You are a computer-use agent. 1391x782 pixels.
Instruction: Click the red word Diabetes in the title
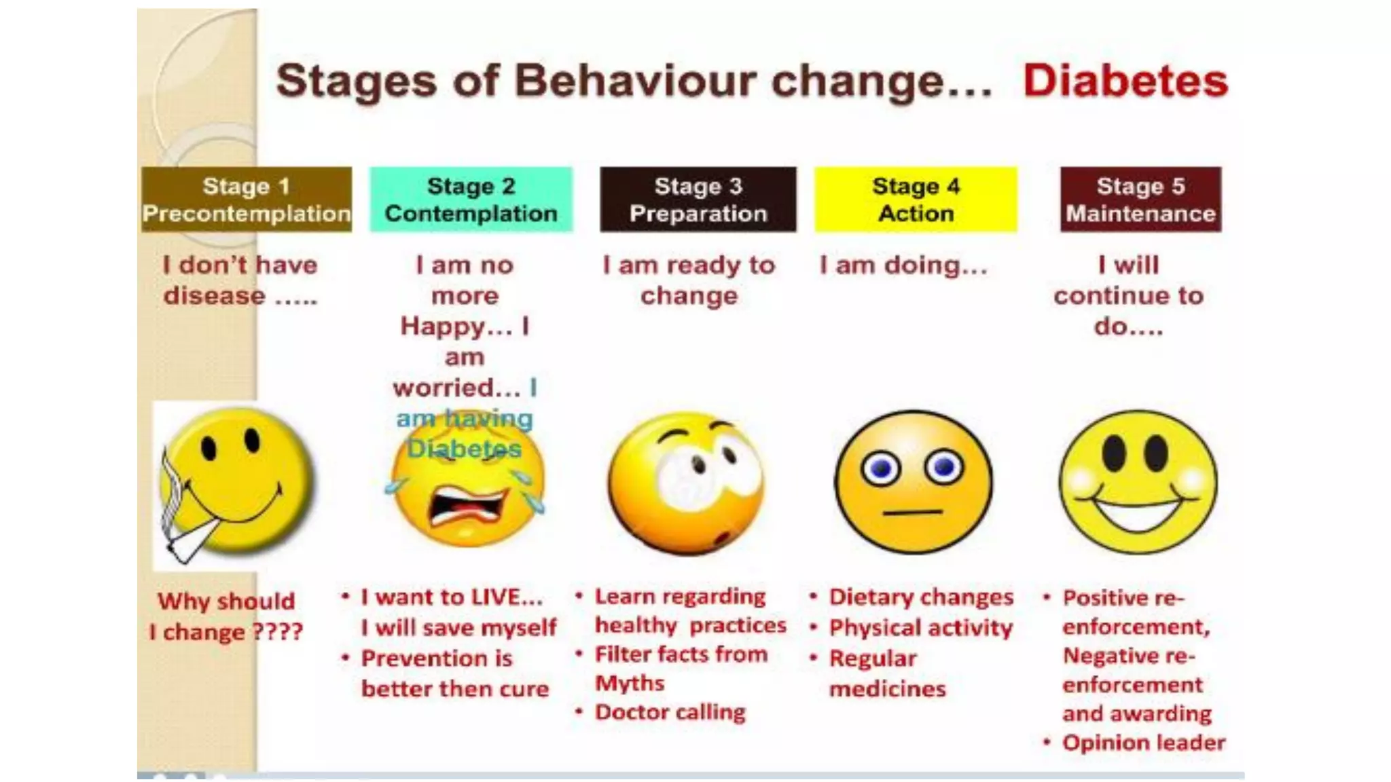click(x=1125, y=81)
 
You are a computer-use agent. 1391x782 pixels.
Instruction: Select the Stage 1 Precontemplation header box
click(x=246, y=200)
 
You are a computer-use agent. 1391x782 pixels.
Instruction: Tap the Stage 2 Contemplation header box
click(x=471, y=200)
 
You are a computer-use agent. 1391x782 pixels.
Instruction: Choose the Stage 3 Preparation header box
click(x=698, y=200)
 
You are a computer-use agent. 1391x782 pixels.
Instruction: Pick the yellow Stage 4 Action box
click(x=916, y=200)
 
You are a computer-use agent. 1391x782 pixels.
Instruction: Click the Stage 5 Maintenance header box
click(x=1140, y=200)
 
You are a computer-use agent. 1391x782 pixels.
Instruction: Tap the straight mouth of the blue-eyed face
click(x=912, y=512)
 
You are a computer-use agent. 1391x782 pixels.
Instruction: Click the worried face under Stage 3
click(x=686, y=482)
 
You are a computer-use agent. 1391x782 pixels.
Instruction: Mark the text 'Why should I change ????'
click(x=226, y=616)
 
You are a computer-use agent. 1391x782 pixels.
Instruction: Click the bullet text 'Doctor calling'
click(x=670, y=712)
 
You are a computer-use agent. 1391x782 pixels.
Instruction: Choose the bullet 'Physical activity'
click(x=920, y=628)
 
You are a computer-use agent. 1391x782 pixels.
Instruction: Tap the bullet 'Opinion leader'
click(x=1144, y=743)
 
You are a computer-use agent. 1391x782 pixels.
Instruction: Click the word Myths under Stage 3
click(x=630, y=683)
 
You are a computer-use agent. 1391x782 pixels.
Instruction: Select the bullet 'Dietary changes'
click(x=921, y=597)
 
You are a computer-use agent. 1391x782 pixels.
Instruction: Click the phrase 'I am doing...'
click(x=903, y=265)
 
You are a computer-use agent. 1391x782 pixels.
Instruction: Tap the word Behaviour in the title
click(x=635, y=81)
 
